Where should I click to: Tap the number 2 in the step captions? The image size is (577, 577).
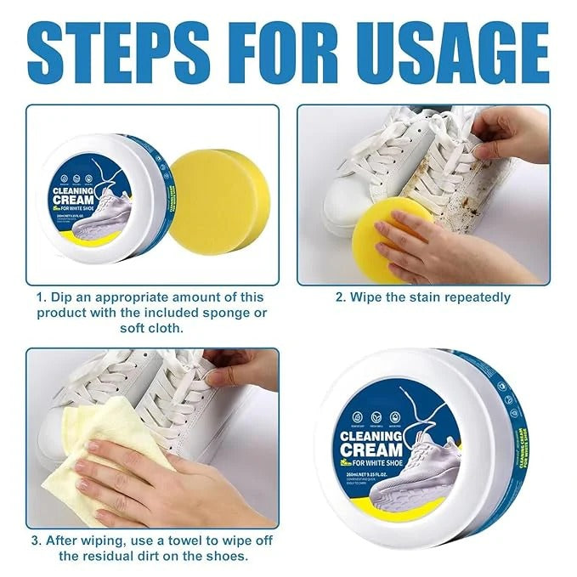pyautogui.click(x=340, y=297)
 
